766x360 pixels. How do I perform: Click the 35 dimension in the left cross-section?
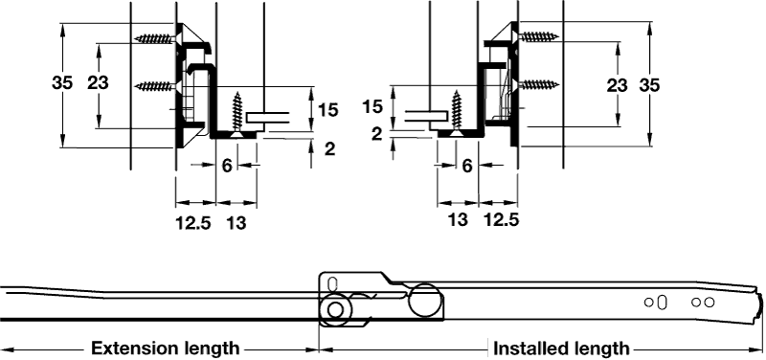(x=62, y=83)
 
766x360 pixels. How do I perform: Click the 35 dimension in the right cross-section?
(x=649, y=85)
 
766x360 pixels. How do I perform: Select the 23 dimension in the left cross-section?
(x=98, y=83)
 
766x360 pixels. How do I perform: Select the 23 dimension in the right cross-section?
(x=617, y=85)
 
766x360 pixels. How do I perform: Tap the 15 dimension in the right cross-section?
(x=372, y=106)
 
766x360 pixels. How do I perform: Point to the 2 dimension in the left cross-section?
(x=330, y=149)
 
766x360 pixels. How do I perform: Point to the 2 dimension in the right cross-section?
(x=376, y=134)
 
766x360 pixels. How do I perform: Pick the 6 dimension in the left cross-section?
(x=227, y=166)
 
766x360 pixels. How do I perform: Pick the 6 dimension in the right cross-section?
(x=467, y=166)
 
